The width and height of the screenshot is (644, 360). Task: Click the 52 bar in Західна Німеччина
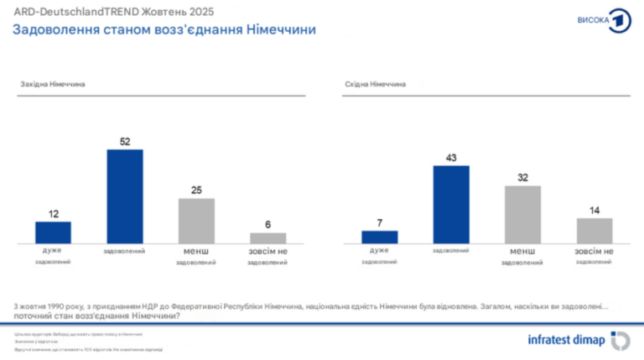point(125,196)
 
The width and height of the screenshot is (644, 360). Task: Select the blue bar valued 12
point(53,232)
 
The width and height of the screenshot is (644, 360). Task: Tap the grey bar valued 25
point(196,221)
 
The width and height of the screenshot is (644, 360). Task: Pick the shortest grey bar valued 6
point(268,238)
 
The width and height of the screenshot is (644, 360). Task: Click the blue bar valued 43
point(450,205)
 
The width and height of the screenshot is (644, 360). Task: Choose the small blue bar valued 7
point(379,237)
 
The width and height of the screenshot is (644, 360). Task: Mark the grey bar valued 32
point(522,215)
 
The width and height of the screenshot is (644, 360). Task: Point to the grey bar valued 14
point(595,231)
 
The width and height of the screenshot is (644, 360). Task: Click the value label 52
point(125,142)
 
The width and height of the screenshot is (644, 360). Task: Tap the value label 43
point(450,158)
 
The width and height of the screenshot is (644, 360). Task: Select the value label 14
point(595,210)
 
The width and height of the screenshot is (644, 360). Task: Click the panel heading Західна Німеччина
point(53,85)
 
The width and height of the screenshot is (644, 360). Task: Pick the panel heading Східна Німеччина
point(376,85)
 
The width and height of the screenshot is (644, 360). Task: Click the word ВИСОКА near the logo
point(593,20)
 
